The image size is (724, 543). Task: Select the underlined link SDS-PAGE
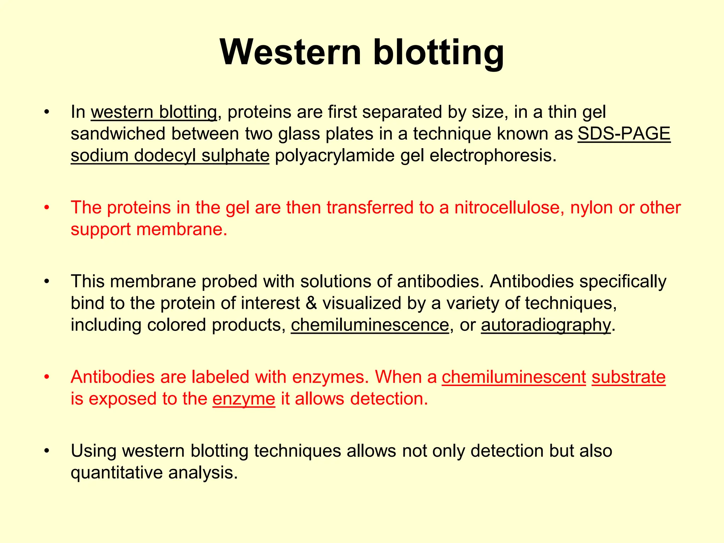pos(624,134)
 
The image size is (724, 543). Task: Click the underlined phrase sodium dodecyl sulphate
pos(170,156)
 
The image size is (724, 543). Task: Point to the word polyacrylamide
pos(334,156)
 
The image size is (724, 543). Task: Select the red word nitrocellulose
pos(509,208)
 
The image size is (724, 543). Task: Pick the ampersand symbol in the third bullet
pos(311,303)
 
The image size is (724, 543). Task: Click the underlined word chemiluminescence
pos(370,325)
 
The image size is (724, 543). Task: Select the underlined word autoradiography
pos(546,325)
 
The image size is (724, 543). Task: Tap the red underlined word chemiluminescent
pos(514,377)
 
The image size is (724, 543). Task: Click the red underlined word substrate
pos(629,377)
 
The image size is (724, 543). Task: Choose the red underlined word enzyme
pos(244,399)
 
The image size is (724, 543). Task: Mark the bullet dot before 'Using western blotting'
pos(46,451)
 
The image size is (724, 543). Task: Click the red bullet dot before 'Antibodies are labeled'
pos(46,377)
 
